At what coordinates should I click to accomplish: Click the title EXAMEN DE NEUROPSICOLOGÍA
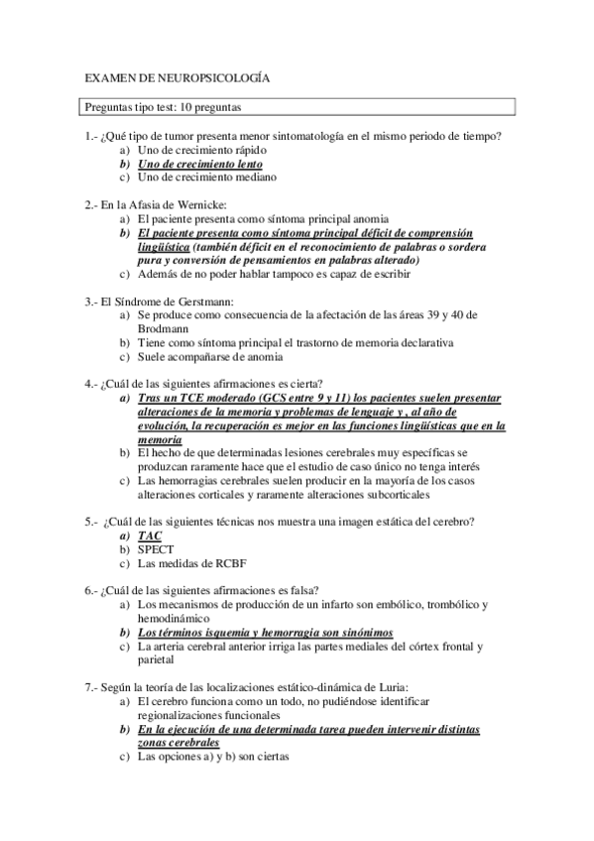point(177,76)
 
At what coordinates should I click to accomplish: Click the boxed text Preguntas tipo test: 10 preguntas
point(165,106)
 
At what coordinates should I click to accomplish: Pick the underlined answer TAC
point(150,536)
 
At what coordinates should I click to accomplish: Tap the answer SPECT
point(156,549)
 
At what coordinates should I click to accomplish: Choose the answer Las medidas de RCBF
point(188,564)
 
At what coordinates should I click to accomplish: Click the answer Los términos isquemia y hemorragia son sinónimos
point(265,633)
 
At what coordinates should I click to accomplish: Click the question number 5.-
point(92,521)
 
